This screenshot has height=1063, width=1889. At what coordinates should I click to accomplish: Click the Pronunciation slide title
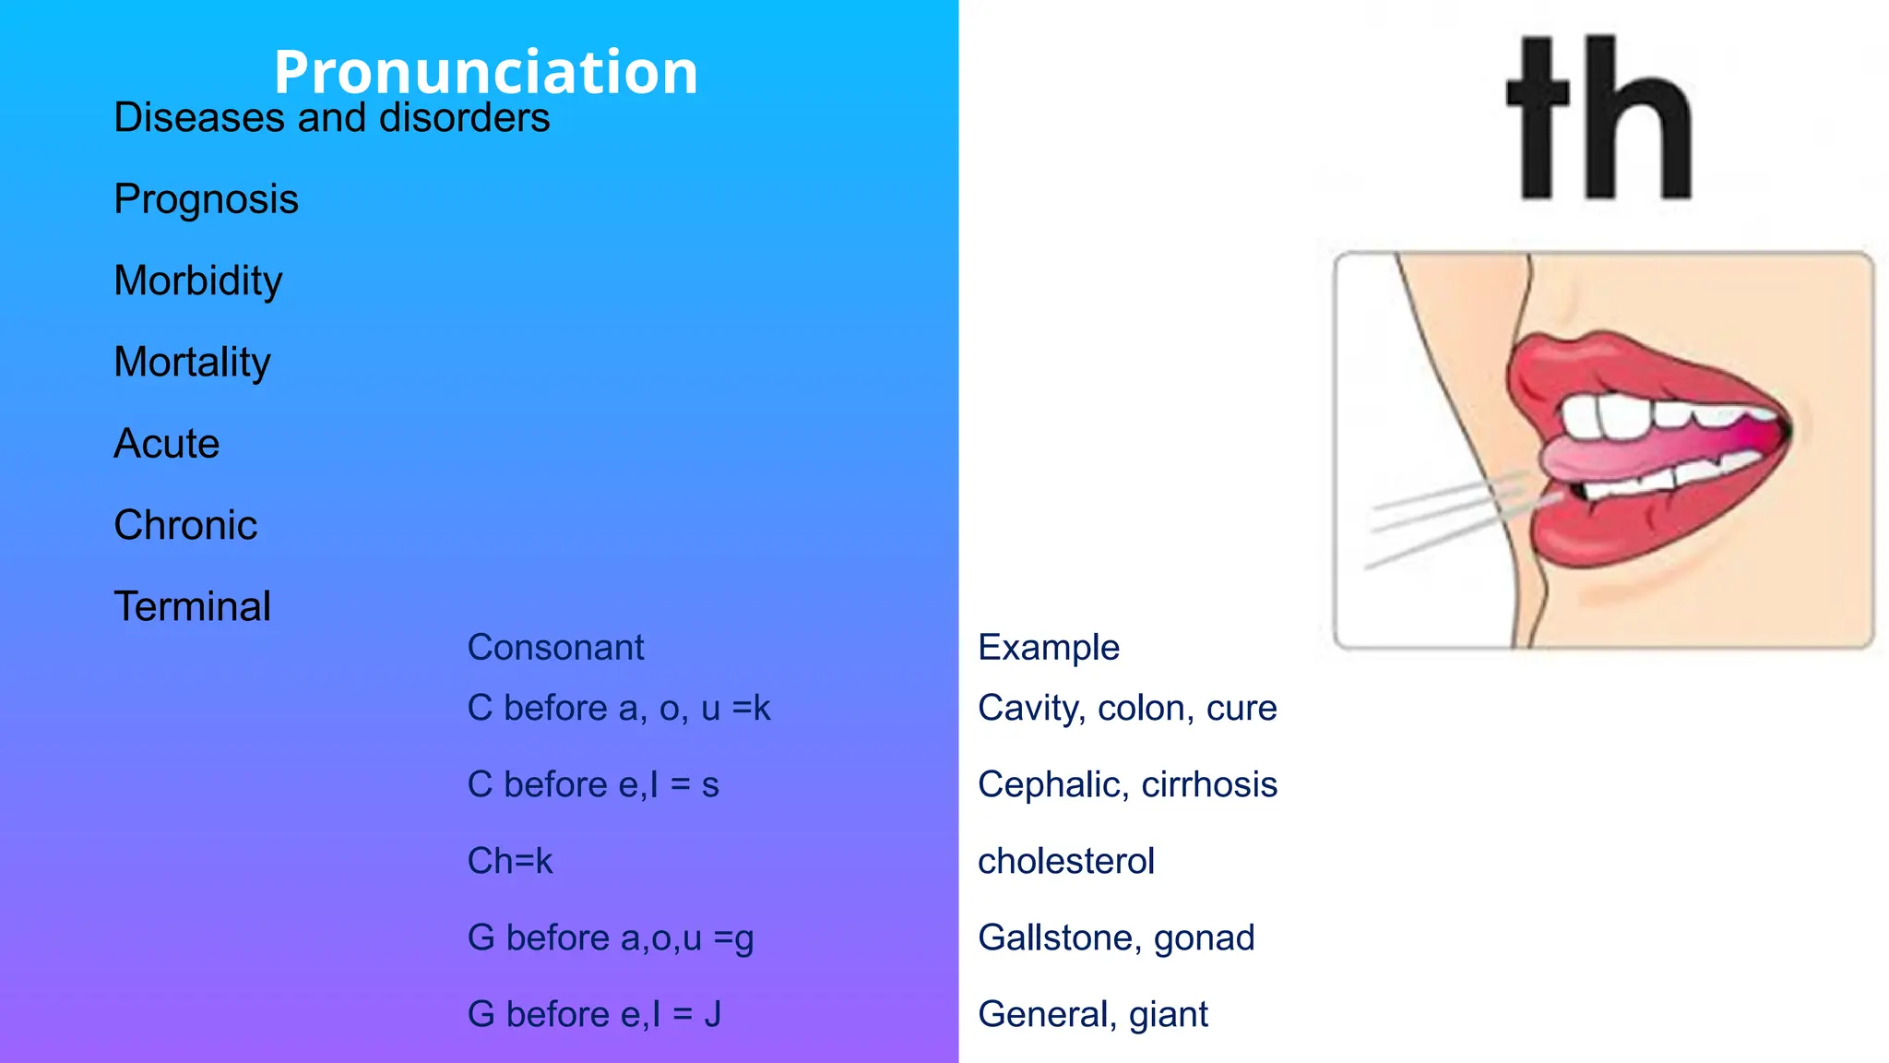(486, 71)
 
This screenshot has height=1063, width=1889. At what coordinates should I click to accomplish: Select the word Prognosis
(206, 199)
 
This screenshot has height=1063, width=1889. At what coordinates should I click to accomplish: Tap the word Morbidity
(197, 281)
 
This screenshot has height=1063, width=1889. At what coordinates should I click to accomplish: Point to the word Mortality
(192, 362)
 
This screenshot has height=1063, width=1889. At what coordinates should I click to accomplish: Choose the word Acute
(166, 444)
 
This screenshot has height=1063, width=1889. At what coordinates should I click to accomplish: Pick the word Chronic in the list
(185, 525)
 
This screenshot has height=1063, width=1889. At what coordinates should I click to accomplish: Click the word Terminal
(192, 607)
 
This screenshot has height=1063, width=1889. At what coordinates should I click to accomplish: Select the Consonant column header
(555, 648)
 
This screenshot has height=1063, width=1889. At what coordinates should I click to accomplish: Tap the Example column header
(1048, 648)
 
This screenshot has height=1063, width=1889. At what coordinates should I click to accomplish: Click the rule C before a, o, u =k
(618, 709)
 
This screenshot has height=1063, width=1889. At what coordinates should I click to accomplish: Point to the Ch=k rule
(509, 862)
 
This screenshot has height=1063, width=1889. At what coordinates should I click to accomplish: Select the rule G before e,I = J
(594, 1014)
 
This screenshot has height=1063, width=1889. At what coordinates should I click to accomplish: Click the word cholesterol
(1065, 862)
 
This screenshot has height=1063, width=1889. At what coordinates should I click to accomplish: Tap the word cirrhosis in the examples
(1208, 785)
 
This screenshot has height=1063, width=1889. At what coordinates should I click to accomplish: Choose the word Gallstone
(1055, 938)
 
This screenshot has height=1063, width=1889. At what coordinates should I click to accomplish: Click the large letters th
(1600, 118)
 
